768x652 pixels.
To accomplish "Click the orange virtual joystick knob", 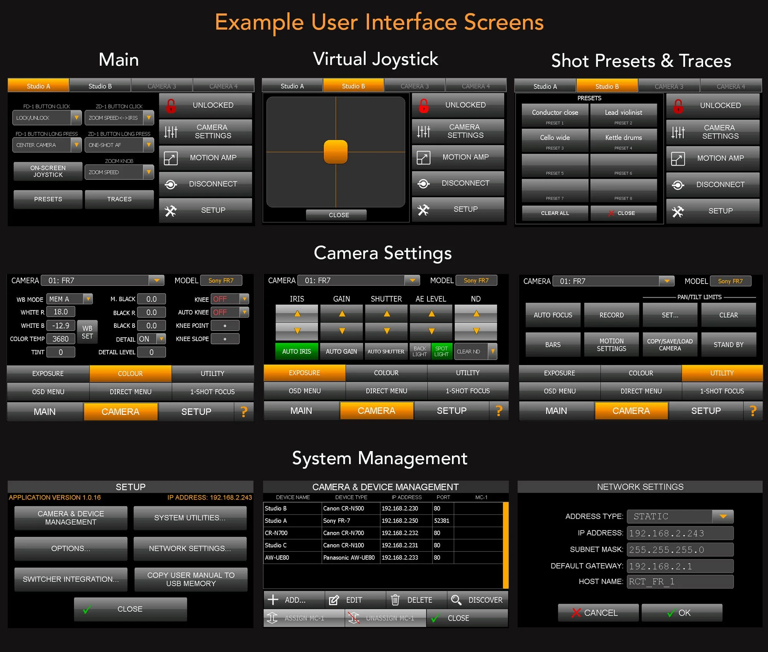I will tap(336, 152).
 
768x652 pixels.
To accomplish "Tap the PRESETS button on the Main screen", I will tap(48, 199).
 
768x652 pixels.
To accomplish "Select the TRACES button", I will tap(119, 199).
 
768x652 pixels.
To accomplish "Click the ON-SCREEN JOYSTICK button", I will tap(48, 171).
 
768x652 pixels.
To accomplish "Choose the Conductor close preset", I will tap(555, 115).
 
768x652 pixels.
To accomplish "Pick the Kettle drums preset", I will tap(623, 140).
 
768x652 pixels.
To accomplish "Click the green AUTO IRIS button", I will tap(296, 352).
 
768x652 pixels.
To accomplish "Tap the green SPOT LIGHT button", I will tap(441, 352).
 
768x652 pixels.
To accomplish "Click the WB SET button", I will tap(87, 332).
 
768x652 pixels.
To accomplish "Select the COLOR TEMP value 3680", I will tap(61, 339).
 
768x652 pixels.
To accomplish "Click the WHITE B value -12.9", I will tap(61, 325).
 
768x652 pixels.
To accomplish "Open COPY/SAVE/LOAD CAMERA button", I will tap(670, 345).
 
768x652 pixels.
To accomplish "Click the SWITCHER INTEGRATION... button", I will tap(71, 579).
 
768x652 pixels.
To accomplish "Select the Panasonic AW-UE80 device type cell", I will tap(350, 557).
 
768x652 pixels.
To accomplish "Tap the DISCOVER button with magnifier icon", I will tap(478, 600).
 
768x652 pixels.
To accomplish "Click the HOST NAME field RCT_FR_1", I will tap(680, 582).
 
